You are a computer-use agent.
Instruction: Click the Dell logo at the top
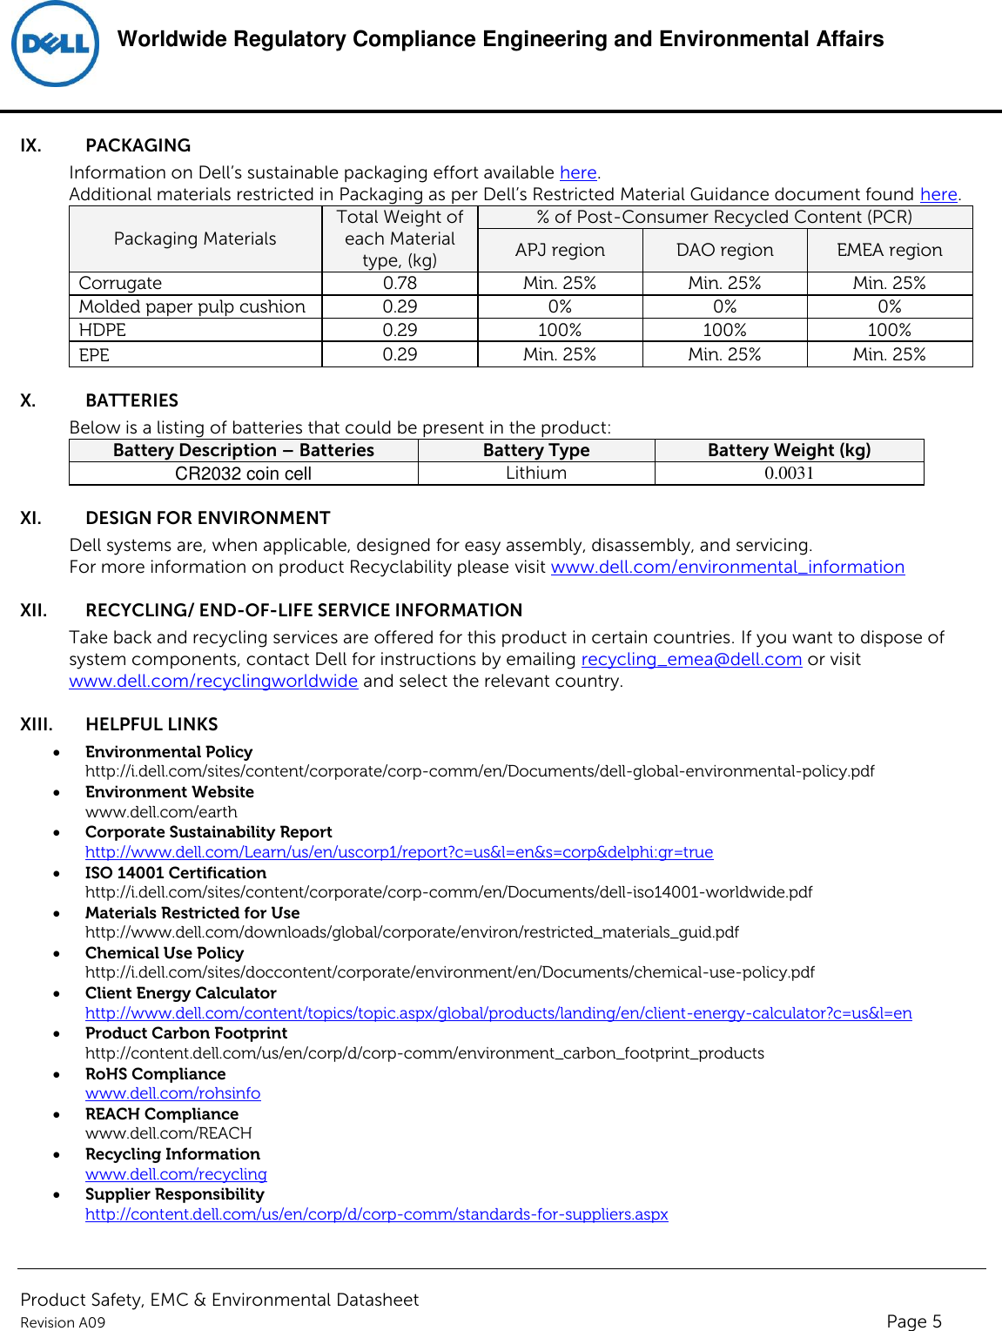[x=55, y=44]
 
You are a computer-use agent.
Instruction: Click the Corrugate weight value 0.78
[x=400, y=283]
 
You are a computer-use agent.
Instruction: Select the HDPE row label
[x=103, y=330]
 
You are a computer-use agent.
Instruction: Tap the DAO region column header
[x=724, y=250]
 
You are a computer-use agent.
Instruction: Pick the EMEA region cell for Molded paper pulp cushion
[x=889, y=306]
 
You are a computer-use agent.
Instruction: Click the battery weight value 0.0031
[x=789, y=473]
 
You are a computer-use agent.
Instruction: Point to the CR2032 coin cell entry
[x=243, y=474]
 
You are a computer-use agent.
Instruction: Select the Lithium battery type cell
[x=536, y=473]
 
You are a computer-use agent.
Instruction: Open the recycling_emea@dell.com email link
[x=691, y=659]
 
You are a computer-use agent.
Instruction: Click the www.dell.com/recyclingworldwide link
[x=213, y=681]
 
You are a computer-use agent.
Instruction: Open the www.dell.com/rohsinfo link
[x=172, y=1093]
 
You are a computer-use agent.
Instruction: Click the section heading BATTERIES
[x=131, y=400]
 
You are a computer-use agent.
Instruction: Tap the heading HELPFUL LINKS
[x=151, y=724]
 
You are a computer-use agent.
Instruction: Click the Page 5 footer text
[x=913, y=1321]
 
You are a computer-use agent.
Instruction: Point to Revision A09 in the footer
[x=63, y=1322]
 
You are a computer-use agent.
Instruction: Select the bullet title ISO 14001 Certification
[x=176, y=872]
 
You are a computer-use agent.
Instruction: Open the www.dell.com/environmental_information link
[x=727, y=567]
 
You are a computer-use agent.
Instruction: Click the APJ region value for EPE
[x=560, y=354]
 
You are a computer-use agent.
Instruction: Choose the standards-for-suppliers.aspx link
[x=376, y=1213]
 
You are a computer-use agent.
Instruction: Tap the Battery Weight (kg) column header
[x=789, y=450]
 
